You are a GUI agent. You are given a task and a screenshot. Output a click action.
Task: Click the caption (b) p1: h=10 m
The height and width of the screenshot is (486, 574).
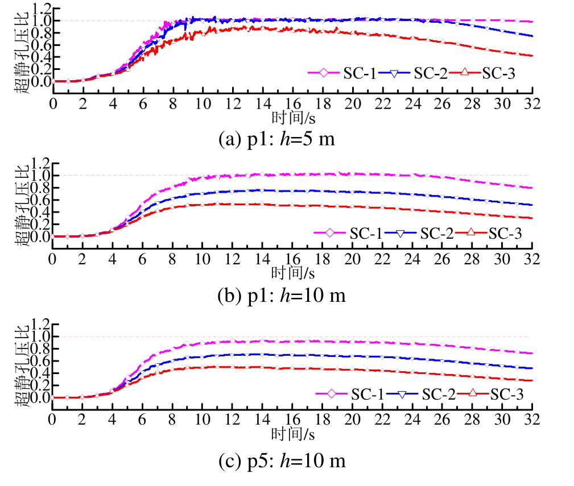(x=282, y=296)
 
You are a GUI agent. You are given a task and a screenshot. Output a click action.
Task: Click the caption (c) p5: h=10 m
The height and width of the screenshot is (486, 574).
(x=282, y=461)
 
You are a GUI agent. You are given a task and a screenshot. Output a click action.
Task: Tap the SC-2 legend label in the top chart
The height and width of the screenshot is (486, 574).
(x=430, y=73)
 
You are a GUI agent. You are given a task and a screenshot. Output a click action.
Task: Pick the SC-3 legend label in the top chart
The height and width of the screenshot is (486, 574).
(x=498, y=73)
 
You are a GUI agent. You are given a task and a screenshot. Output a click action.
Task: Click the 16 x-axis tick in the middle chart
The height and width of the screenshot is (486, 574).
(x=292, y=259)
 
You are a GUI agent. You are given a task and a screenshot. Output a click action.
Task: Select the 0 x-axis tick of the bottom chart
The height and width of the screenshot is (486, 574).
(x=52, y=420)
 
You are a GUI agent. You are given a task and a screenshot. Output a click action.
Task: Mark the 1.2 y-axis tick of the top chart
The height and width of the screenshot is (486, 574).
(x=43, y=9)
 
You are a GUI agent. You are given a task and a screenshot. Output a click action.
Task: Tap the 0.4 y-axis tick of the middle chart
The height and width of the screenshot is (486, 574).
(x=43, y=212)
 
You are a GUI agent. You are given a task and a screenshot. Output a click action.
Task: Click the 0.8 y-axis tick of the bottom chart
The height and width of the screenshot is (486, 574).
(x=43, y=349)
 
